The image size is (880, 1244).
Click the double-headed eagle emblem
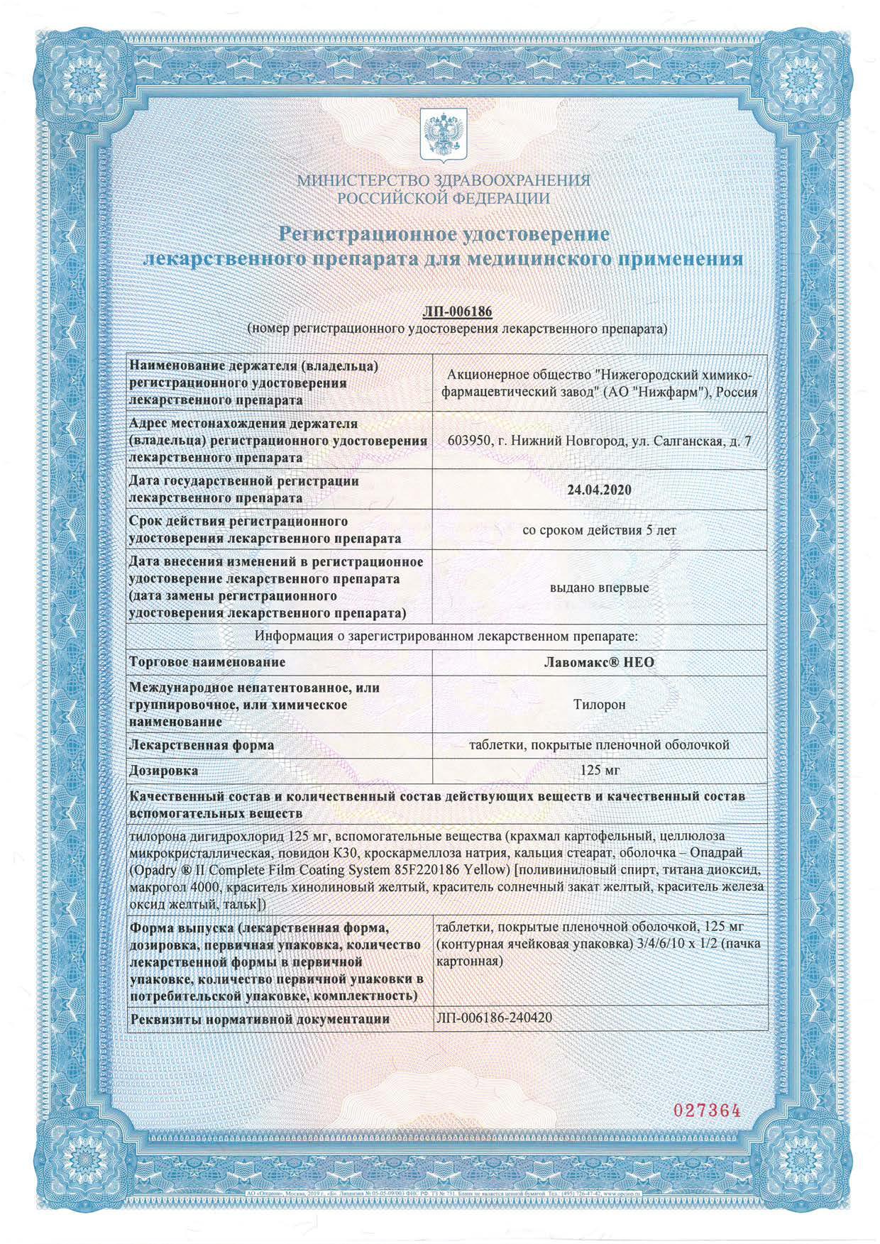coord(439,133)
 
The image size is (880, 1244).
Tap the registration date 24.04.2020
coord(600,490)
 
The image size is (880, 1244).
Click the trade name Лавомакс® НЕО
coord(600,662)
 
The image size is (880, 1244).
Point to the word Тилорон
coord(600,705)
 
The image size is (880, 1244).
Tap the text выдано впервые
coord(600,588)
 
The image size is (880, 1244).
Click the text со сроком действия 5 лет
coord(600,530)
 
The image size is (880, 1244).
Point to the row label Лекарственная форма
coord(202,745)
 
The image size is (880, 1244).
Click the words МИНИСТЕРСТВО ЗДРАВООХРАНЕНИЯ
coord(444,180)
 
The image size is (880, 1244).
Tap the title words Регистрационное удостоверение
coord(444,233)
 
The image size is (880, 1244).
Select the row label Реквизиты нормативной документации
coord(260,1018)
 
